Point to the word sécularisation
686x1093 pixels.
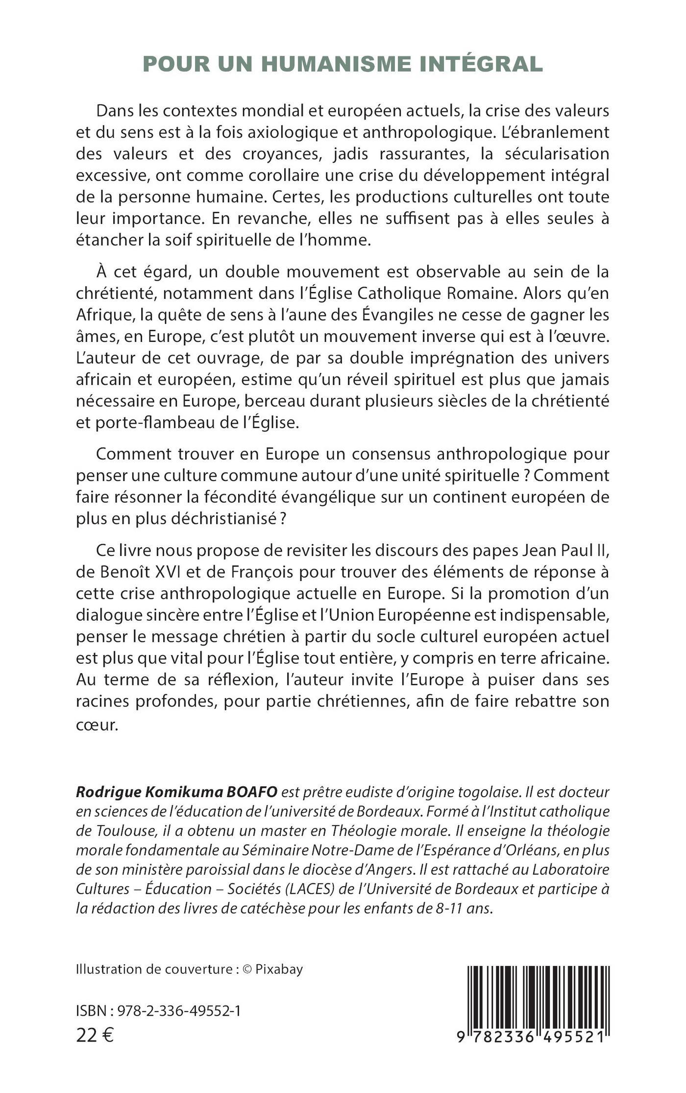(x=544, y=154)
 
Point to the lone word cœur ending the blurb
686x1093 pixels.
(x=97, y=725)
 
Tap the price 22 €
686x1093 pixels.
(x=95, y=1035)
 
